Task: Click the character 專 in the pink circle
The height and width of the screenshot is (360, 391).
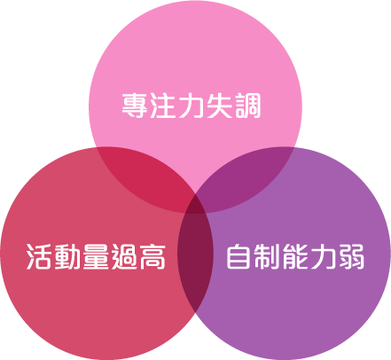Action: pyautogui.click(x=135, y=106)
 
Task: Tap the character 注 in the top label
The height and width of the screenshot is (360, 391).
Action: pyautogui.click(x=163, y=106)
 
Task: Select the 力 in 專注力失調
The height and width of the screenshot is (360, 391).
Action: pyautogui.click(x=191, y=106)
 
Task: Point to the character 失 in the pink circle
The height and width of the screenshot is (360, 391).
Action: pyautogui.click(x=219, y=106)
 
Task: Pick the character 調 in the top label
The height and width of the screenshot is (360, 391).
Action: pyautogui.click(x=247, y=106)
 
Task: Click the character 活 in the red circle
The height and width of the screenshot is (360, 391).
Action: pyautogui.click(x=39, y=256)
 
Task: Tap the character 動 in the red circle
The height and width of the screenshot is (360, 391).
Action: pyautogui.click(x=67, y=256)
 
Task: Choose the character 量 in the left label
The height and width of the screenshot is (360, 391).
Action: pyautogui.click(x=96, y=256)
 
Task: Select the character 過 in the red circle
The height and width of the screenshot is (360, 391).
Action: pyautogui.click(x=124, y=256)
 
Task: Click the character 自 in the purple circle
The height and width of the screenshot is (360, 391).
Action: pyautogui.click(x=239, y=256)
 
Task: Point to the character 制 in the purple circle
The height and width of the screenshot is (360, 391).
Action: pyautogui.click(x=267, y=256)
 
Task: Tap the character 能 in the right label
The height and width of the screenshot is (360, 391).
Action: pyautogui.click(x=295, y=256)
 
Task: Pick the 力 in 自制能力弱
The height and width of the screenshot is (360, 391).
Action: pyautogui.click(x=323, y=256)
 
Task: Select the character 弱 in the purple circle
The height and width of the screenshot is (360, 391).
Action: pyautogui.click(x=351, y=256)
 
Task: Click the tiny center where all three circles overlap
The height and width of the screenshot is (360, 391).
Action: pyautogui.click(x=195, y=207)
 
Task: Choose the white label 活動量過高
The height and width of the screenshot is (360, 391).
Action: pyautogui.click(x=96, y=256)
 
